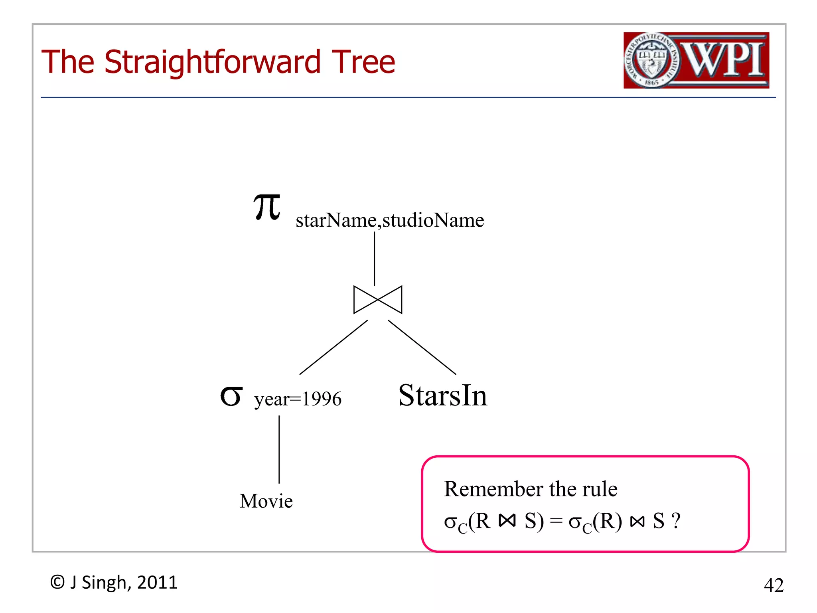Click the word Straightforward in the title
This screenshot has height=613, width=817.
212,62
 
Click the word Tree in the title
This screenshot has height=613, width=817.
363,62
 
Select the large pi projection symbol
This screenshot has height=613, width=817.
267,207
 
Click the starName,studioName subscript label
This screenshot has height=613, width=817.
389,220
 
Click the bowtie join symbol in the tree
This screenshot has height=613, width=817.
377,300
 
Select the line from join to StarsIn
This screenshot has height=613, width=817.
422,347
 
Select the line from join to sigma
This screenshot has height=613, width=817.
334,347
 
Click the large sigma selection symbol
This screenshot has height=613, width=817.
231,396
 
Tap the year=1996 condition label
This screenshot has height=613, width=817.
298,399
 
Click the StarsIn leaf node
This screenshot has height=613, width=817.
442,395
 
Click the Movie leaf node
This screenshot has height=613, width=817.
266,501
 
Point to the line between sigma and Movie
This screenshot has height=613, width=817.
279,449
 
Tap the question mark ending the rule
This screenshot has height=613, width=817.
676,521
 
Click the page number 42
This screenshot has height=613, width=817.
773,585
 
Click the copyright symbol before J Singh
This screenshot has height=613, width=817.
57,582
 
